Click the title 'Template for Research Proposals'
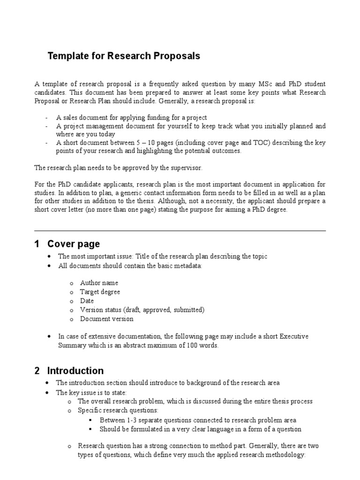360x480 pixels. pos(124,56)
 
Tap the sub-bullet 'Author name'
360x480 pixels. pos(99,283)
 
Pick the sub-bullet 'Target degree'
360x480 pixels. pos(100,292)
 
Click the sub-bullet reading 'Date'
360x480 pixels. pos(87,301)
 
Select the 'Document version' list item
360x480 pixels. pos(106,319)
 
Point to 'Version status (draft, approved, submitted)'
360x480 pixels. pos(142,310)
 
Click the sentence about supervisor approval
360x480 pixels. pos(112,167)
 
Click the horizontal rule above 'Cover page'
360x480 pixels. pos(180,231)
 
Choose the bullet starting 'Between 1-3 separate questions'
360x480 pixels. pos(198,420)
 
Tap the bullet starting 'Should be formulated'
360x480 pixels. pos(200,429)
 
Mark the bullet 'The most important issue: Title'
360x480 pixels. pos(162,256)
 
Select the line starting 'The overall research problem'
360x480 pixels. pos(195,402)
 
